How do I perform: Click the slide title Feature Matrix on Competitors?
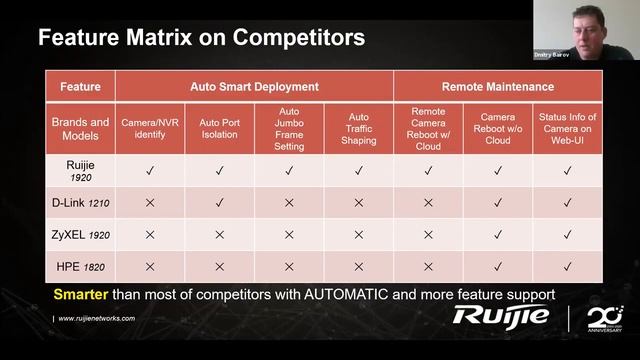[200, 38]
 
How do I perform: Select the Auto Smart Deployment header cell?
[253, 86]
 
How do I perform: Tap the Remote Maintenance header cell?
[497, 86]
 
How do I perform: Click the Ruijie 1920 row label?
[80, 171]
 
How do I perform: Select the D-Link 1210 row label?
[80, 203]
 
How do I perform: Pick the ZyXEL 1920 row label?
[80, 235]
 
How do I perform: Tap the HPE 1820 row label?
[80, 267]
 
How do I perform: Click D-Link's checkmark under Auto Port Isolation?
[219, 203]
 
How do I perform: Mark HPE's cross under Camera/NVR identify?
[150, 267]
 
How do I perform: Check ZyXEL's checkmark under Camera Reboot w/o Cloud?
[497, 235]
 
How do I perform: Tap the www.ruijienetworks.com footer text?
[96, 318]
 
